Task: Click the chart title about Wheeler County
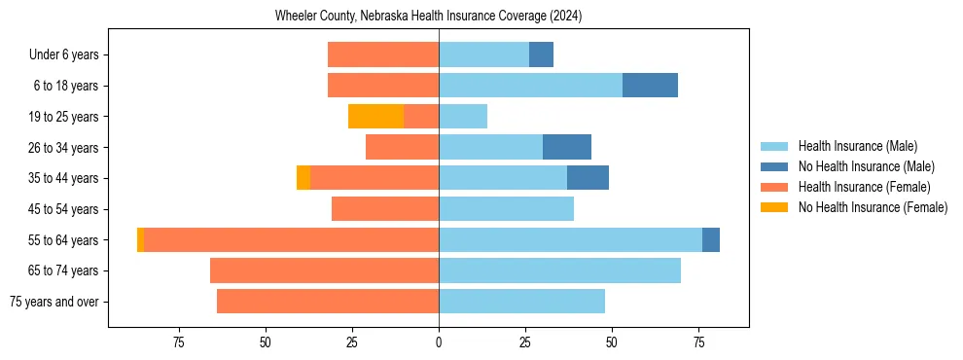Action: click(x=428, y=16)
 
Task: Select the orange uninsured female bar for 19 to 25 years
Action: click(x=375, y=117)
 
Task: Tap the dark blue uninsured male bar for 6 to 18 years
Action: click(x=650, y=86)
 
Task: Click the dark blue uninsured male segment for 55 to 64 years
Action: click(x=711, y=239)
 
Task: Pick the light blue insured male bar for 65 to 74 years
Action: click(x=559, y=270)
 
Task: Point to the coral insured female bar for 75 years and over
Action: click(x=328, y=302)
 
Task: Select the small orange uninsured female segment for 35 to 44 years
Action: click(x=303, y=178)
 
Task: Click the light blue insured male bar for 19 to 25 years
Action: click(x=463, y=117)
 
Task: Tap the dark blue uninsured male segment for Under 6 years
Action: click(x=541, y=54)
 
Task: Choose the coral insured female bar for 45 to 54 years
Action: click(x=385, y=209)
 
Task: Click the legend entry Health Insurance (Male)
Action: click(x=857, y=147)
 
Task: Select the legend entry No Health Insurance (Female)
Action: click(x=873, y=207)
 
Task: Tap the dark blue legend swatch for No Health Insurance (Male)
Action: click(x=774, y=166)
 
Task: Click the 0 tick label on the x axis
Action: click(x=439, y=342)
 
